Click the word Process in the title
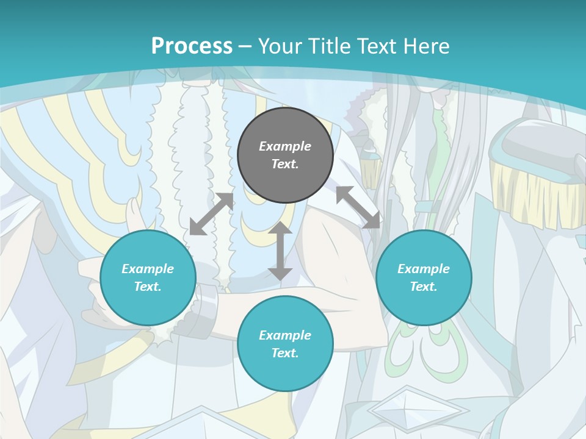click(x=192, y=46)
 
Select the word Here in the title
click(x=426, y=46)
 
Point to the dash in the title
click(x=245, y=48)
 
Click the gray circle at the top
click(x=285, y=155)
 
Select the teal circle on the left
click(x=148, y=277)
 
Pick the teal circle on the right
click(x=424, y=277)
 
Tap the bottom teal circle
click(x=285, y=344)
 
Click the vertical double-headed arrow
click(x=280, y=251)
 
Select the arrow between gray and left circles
click(x=212, y=214)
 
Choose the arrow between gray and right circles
click(x=358, y=207)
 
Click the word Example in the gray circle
click(x=285, y=146)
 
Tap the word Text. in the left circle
click(x=148, y=287)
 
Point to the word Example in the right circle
click(x=424, y=268)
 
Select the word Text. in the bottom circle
click(x=285, y=353)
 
